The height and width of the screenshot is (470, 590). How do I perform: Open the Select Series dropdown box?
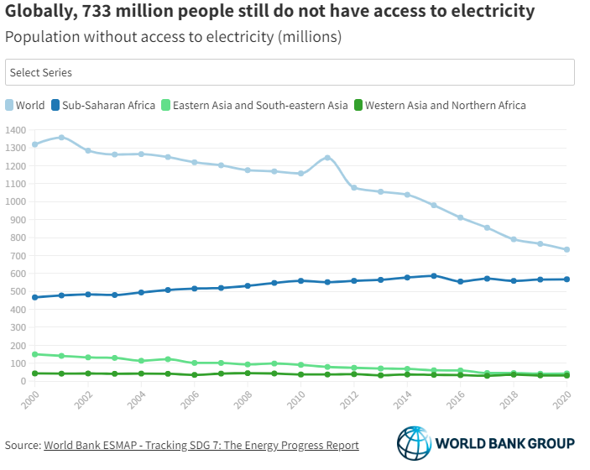290,72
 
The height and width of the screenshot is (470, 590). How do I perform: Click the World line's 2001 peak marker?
61,137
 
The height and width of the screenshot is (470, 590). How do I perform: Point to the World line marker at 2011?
327,158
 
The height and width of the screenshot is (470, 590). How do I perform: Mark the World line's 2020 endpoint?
567,249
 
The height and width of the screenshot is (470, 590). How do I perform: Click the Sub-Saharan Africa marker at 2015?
434,275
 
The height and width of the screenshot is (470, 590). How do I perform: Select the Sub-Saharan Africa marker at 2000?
34,297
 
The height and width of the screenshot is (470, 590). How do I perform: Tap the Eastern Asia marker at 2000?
34,354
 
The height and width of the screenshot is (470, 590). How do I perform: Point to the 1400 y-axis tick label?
16,130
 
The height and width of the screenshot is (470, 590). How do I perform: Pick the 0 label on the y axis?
23,381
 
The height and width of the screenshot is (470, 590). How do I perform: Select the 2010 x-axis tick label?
296,399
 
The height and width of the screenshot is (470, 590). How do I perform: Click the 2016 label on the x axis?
456,399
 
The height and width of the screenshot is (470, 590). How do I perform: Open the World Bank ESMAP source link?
201,445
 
